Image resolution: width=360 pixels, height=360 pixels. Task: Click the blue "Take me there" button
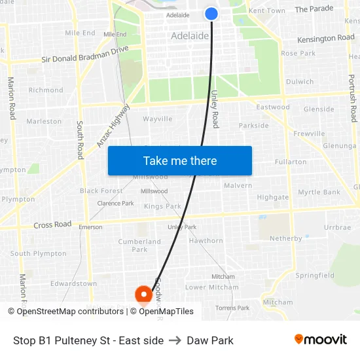click(180, 161)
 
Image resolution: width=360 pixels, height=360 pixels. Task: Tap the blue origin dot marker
click(211, 13)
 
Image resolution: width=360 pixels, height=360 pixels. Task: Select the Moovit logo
click(320, 340)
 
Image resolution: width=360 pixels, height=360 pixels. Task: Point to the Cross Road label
click(52, 225)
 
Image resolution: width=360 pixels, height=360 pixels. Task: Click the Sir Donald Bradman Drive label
click(85, 55)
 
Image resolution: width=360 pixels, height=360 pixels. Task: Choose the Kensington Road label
click(325, 39)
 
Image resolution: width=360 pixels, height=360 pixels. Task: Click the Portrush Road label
click(353, 97)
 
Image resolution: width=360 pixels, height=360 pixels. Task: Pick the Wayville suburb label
click(158, 119)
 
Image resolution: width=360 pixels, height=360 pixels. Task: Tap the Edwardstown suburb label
click(74, 284)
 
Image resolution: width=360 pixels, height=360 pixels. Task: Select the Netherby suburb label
click(285, 239)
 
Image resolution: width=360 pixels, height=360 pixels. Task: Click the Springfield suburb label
click(315, 276)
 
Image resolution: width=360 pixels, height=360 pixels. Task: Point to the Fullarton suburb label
click(291, 162)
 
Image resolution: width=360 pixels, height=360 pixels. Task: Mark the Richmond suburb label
click(46, 90)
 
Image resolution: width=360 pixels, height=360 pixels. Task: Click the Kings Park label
click(163, 207)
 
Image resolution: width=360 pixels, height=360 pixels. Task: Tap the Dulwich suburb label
click(300, 82)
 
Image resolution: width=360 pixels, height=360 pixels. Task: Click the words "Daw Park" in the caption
click(210, 340)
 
